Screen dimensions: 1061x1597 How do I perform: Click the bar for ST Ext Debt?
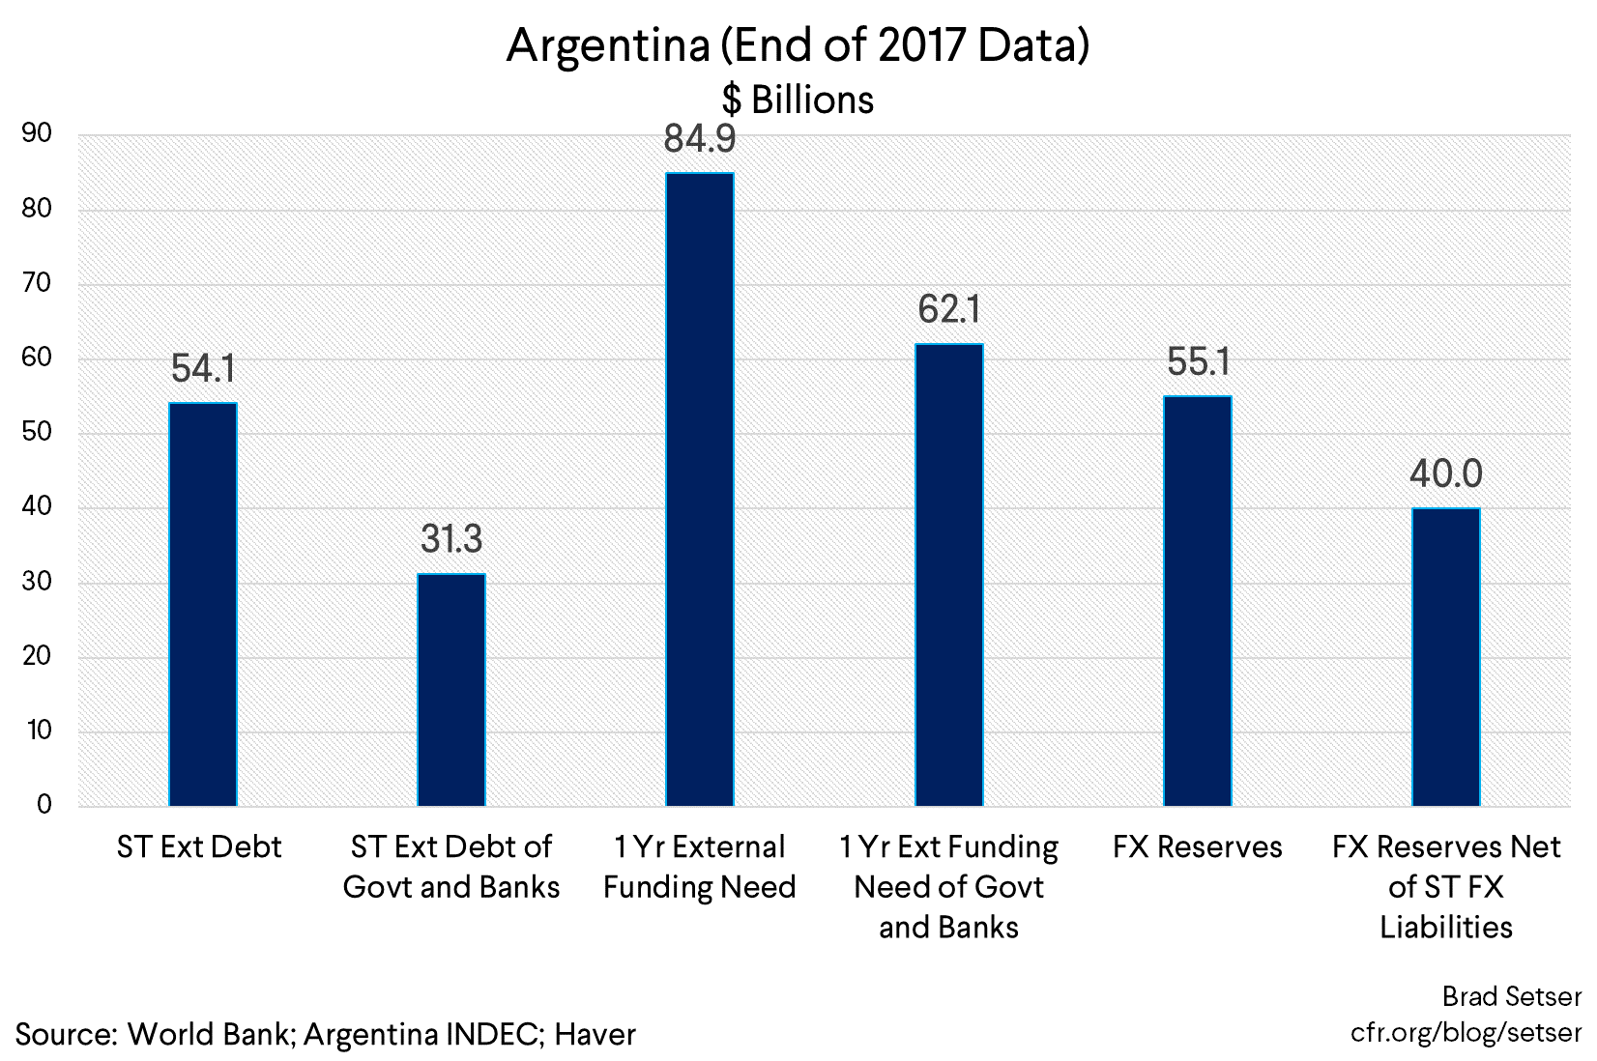coord(203,604)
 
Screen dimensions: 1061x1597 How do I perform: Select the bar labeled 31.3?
coord(451,690)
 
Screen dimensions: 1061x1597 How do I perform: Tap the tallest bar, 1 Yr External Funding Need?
coord(700,489)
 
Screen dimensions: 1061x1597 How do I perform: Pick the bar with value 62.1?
coord(949,575)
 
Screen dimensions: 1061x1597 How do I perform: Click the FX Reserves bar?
coord(1198,601)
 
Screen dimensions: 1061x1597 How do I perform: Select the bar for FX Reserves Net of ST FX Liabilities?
coord(1446,657)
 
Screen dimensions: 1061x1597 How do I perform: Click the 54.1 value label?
coord(203,369)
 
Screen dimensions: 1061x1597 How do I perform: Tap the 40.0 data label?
coord(1446,474)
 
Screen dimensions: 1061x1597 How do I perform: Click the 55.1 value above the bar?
coord(1198,362)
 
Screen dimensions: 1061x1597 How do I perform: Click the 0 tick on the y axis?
coord(44,805)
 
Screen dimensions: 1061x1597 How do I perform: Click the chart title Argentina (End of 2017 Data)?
coord(798,45)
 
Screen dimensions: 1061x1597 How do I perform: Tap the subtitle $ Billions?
coord(798,100)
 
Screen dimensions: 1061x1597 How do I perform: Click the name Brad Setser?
coord(1512,996)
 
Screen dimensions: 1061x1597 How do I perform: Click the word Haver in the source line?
coord(595,1035)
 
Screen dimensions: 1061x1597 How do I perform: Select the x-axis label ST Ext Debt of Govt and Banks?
coord(451,867)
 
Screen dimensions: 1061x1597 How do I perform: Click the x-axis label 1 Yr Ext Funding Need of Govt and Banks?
coord(949,887)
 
